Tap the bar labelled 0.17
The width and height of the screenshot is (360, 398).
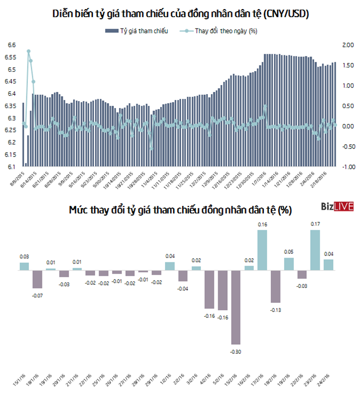pos(315,250)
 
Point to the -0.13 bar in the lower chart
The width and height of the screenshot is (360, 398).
pos(276,288)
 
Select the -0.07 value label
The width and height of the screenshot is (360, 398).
pos(38,295)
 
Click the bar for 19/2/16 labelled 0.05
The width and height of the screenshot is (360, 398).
pos(289,264)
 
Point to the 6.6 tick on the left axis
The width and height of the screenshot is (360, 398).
pos(11,45)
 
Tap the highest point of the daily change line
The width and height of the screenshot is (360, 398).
pos(28,51)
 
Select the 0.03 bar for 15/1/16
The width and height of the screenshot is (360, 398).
pos(24,266)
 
